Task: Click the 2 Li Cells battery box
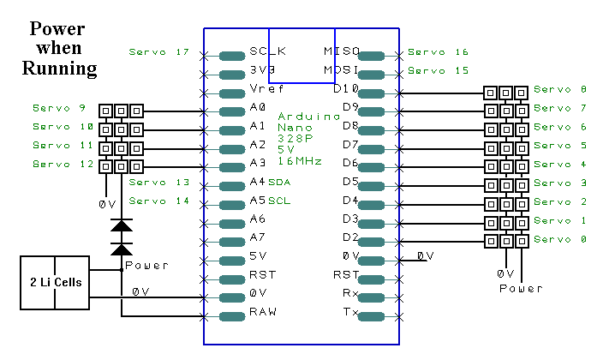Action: pos(55,281)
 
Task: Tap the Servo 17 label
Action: pos(158,52)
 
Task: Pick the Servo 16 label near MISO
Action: pos(438,52)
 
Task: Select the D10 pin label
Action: pos(346,89)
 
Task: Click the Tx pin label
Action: pos(351,315)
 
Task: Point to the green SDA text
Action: pos(280,183)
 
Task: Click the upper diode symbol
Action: pos(122,225)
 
